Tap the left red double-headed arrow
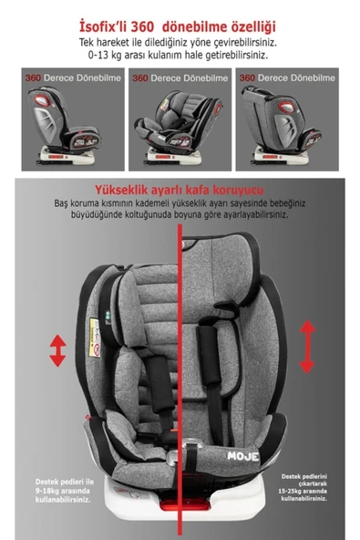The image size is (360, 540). tap(57, 350)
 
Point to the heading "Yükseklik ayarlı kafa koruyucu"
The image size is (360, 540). tap(179, 188)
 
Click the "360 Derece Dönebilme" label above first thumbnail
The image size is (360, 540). tap(71, 78)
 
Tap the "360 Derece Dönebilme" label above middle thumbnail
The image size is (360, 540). tap(179, 78)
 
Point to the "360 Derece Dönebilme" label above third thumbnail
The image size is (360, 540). tap(287, 78)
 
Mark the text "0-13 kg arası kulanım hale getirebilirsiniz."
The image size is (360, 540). tap(180, 56)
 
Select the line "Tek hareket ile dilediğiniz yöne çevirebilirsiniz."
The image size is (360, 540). tap(180, 42)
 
